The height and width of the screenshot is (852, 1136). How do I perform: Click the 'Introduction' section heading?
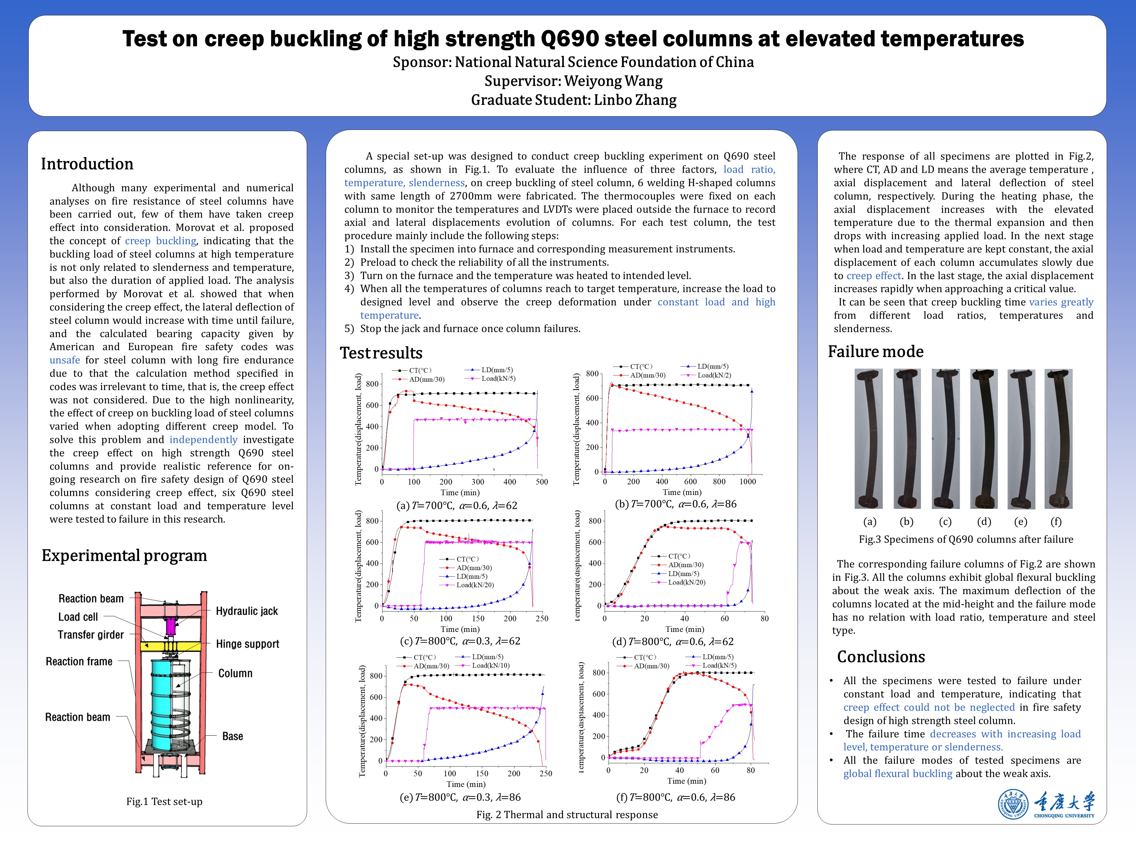(87, 164)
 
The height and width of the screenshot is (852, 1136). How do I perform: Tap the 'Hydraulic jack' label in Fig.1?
(246, 611)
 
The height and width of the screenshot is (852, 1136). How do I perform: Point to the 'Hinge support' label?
(247, 644)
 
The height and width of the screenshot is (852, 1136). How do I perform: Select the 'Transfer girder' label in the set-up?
(91, 635)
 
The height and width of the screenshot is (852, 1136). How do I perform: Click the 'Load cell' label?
(78, 617)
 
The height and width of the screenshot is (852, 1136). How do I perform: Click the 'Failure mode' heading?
(876, 352)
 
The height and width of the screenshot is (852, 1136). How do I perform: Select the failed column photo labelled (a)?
(869, 439)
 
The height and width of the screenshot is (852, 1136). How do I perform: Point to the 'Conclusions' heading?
(881, 657)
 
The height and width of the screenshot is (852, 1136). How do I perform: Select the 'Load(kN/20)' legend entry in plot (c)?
(475, 585)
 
